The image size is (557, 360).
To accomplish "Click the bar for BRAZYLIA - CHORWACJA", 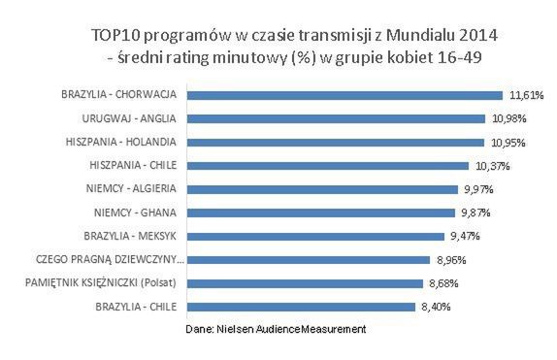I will tap(345, 95).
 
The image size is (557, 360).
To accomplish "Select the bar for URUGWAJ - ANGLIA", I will tap(336, 118).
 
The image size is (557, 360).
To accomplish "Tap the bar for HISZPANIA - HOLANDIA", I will tap(336, 142).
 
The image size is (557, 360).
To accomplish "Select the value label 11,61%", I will tap(527, 96).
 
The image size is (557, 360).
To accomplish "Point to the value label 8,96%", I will tap(451, 260).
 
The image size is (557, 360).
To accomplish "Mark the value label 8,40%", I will tap(436, 307).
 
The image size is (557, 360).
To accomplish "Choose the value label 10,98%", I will tap(509, 119).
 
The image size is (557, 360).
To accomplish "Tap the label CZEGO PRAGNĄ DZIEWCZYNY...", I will tap(108, 259).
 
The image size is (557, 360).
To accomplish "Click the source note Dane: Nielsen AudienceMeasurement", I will tap(276, 330).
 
